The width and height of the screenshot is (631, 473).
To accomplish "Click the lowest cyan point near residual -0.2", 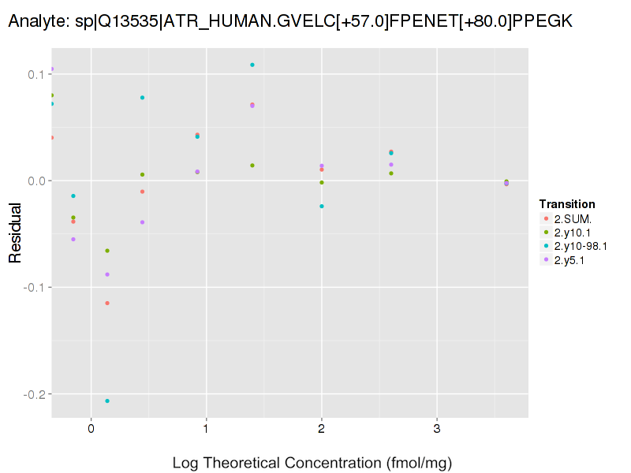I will (x=107, y=400).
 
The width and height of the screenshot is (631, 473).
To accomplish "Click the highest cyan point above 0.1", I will (x=252, y=65).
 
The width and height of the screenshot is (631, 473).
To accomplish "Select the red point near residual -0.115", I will (x=107, y=303).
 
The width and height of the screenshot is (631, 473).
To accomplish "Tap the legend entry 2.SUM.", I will (x=573, y=218).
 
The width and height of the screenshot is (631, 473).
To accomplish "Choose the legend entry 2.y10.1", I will (x=573, y=232).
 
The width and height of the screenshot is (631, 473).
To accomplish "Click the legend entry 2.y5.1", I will (x=569, y=260).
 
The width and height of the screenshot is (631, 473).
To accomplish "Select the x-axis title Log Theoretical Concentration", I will (x=312, y=463).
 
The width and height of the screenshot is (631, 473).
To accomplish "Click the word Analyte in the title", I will (x=34, y=24).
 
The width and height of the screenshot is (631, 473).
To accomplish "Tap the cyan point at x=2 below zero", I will (x=322, y=206).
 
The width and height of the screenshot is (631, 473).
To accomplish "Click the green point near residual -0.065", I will (x=107, y=251).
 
